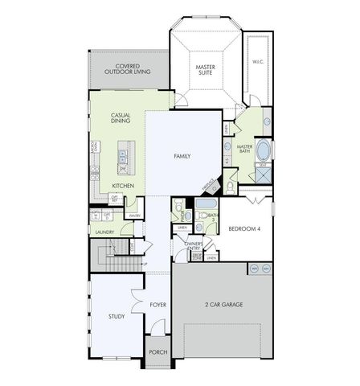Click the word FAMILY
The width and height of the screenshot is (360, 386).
182,155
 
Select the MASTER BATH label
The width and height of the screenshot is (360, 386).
245,150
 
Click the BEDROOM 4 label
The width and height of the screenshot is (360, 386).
245,228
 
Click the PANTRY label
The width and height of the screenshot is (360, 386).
134,216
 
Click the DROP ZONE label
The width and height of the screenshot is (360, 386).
197,257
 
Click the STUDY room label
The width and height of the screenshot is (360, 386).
117,316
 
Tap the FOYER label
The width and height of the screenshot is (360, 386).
157,305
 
